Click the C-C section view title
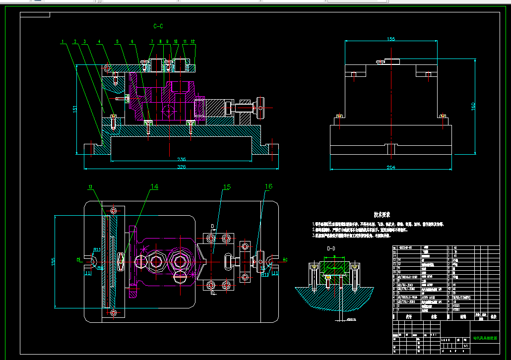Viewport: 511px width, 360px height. click(x=158, y=26)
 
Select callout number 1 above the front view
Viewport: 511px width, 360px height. click(x=63, y=41)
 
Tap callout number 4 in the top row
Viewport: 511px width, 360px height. click(x=99, y=41)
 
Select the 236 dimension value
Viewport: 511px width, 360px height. click(x=182, y=159)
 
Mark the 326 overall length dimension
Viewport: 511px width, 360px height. click(x=182, y=167)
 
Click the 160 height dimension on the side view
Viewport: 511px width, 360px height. click(x=473, y=106)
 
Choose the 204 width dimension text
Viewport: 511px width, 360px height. click(x=391, y=168)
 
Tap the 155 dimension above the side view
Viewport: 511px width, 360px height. click(x=391, y=39)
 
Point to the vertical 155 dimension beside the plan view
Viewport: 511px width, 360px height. click(x=53, y=261)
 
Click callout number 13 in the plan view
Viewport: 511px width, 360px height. click(x=91, y=187)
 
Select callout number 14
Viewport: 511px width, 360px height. click(x=154, y=187)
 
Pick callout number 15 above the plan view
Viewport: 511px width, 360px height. click(x=227, y=187)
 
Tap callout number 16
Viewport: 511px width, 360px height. click(x=268, y=187)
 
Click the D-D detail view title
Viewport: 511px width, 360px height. click(x=331, y=248)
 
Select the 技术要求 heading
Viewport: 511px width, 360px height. click(x=382, y=215)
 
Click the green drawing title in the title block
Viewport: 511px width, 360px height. click(x=485, y=339)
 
